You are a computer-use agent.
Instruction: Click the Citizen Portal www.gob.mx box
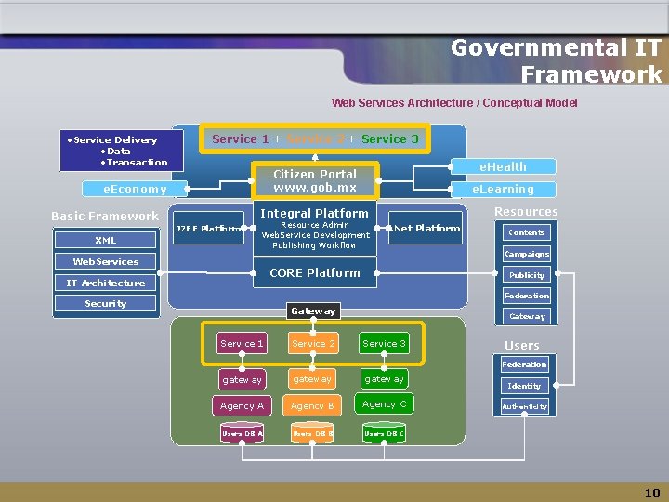point(314,180)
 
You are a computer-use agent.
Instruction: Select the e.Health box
point(502,166)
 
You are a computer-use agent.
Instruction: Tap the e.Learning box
point(502,189)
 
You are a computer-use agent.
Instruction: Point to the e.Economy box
point(135,189)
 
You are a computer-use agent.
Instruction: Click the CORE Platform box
point(314,272)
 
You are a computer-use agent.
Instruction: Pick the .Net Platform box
point(426,228)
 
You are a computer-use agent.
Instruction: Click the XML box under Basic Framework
point(105,240)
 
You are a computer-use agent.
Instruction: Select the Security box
point(105,303)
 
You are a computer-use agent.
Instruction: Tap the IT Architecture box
point(105,283)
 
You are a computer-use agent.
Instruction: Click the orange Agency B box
point(312,405)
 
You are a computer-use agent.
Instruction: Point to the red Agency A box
point(242,405)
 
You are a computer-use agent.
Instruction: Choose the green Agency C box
point(384,403)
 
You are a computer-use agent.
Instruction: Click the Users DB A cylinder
point(242,433)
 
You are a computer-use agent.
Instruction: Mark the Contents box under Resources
point(526,232)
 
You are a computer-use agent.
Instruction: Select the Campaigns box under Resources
point(526,254)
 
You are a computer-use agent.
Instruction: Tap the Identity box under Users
point(524,385)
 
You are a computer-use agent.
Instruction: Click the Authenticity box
point(524,406)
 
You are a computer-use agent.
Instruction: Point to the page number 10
point(652,493)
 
